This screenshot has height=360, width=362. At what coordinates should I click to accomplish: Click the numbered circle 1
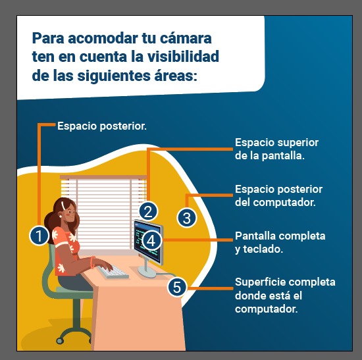point(39,236)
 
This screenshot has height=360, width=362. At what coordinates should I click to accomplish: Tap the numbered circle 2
point(148,211)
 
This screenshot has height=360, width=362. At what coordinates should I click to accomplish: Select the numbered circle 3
point(187,218)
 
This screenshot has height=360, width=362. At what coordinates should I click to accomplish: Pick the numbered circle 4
point(151,241)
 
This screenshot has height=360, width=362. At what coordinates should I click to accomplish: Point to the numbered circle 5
point(177,287)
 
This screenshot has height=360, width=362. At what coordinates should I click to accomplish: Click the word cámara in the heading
point(186,38)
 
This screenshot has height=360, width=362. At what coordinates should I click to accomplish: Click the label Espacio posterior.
point(102,126)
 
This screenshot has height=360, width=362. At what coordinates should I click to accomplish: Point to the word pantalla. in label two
point(283,155)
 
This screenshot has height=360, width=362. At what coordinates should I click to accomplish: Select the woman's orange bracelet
point(93,262)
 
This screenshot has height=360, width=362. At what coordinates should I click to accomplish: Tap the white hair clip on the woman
point(63,205)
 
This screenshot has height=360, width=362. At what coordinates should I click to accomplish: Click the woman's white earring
point(61,217)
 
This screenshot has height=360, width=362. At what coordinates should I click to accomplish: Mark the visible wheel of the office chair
point(60,340)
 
